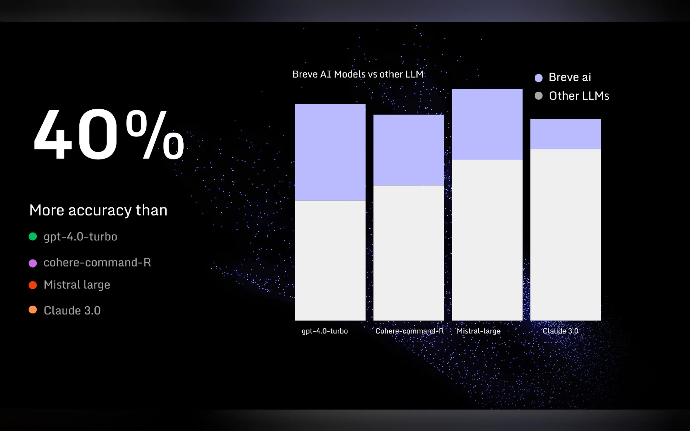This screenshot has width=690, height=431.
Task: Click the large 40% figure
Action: pos(109,134)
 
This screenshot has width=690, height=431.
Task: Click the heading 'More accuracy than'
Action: pos(98,211)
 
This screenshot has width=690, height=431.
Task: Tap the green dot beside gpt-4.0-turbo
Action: pos(33,236)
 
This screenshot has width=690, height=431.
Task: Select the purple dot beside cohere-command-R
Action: pos(33,263)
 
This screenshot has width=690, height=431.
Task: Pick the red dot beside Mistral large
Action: pos(33,285)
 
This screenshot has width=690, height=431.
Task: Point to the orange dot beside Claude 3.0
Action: pos(33,310)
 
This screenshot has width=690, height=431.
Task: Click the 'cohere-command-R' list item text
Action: pos(97,262)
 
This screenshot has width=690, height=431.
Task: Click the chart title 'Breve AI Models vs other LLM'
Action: pos(358,74)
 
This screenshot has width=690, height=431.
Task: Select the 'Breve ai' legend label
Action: pos(570,77)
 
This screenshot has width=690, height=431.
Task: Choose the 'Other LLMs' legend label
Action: pos(579,96)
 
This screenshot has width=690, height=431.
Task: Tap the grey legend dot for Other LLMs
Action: pos(538,96)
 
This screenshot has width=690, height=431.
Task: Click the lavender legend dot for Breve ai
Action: pos(538,78)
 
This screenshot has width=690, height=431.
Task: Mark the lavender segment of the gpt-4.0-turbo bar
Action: pos(330,152)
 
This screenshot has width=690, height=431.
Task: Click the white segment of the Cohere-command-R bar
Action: pos(409,253)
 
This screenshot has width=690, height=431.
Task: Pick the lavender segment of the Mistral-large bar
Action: pos(487,124)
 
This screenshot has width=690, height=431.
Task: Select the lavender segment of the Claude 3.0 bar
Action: pos(565,134)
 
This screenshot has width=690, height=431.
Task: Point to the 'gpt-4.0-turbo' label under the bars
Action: pos(325,331)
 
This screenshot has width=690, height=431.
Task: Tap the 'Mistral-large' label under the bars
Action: pos(479,331)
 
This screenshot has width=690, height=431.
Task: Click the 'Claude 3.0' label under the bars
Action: pos(560,331)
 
